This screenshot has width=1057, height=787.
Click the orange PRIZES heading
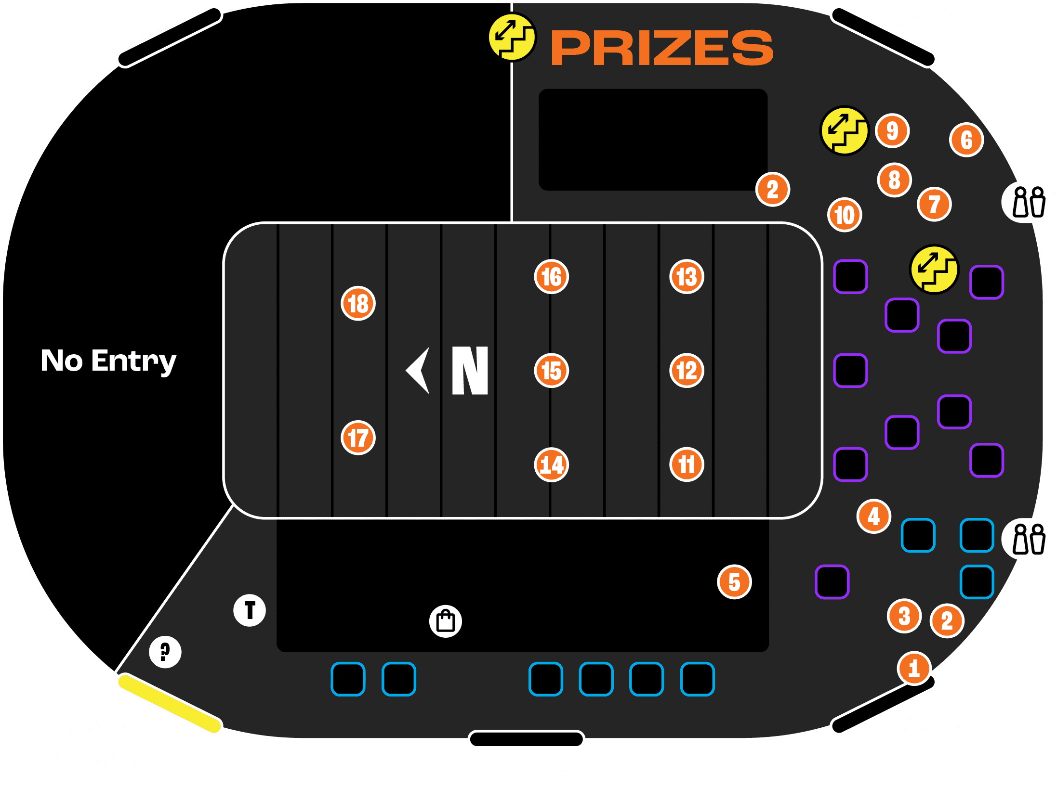(662, 47)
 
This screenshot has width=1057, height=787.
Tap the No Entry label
(108, 361)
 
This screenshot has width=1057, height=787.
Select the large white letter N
(470, 370)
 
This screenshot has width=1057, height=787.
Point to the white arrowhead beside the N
(418, 370)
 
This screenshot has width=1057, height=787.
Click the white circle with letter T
(250, 610)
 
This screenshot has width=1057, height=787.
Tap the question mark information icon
(165, 652)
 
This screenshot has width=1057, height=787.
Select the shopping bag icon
(446, 621)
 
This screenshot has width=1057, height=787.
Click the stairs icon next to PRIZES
(512, 38)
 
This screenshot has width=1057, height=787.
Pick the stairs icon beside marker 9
(844, 130)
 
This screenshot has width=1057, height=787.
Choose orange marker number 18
(358, 303)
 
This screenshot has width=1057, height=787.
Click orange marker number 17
(358, 438)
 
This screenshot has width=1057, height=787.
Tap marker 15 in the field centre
(552, 371)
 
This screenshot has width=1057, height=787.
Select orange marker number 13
(687, 276)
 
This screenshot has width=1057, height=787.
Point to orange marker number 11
(687, 464)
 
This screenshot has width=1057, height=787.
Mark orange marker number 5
(734, 581)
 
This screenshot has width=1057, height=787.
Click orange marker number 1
(914, 668)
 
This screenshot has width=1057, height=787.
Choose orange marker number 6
(966, 140)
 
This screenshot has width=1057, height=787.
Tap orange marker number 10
(845, 215)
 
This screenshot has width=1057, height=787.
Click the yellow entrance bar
(170, 703)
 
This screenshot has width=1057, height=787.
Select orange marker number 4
(874, 516)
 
